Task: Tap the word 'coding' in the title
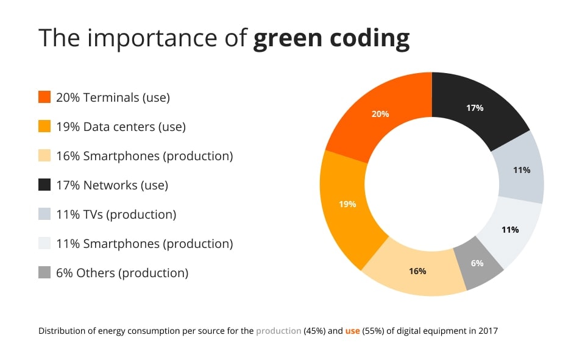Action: click(x=372, y=38)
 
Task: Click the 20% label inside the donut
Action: click(x=380, y=114)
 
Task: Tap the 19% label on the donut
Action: click(x=347, y=204)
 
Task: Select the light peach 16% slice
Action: click(x=417, y=272)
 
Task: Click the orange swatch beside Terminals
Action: click(x=44, y=97)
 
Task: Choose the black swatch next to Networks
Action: click(x=44, y=185)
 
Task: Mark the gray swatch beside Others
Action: click(x=44, y=273)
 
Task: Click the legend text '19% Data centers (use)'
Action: click(x=121, y=127)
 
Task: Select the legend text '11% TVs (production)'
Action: click(x=116, y=214)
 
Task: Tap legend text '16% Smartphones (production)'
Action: click(x=144, y=156)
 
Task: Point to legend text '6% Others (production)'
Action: click(x=122, y=273)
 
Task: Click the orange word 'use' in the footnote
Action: click(x=352, y=331)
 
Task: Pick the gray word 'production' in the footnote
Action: click(x=278, y=331)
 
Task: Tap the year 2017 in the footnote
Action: click(x=487, y=331)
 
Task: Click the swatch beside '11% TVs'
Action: click(x=44, y=214)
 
